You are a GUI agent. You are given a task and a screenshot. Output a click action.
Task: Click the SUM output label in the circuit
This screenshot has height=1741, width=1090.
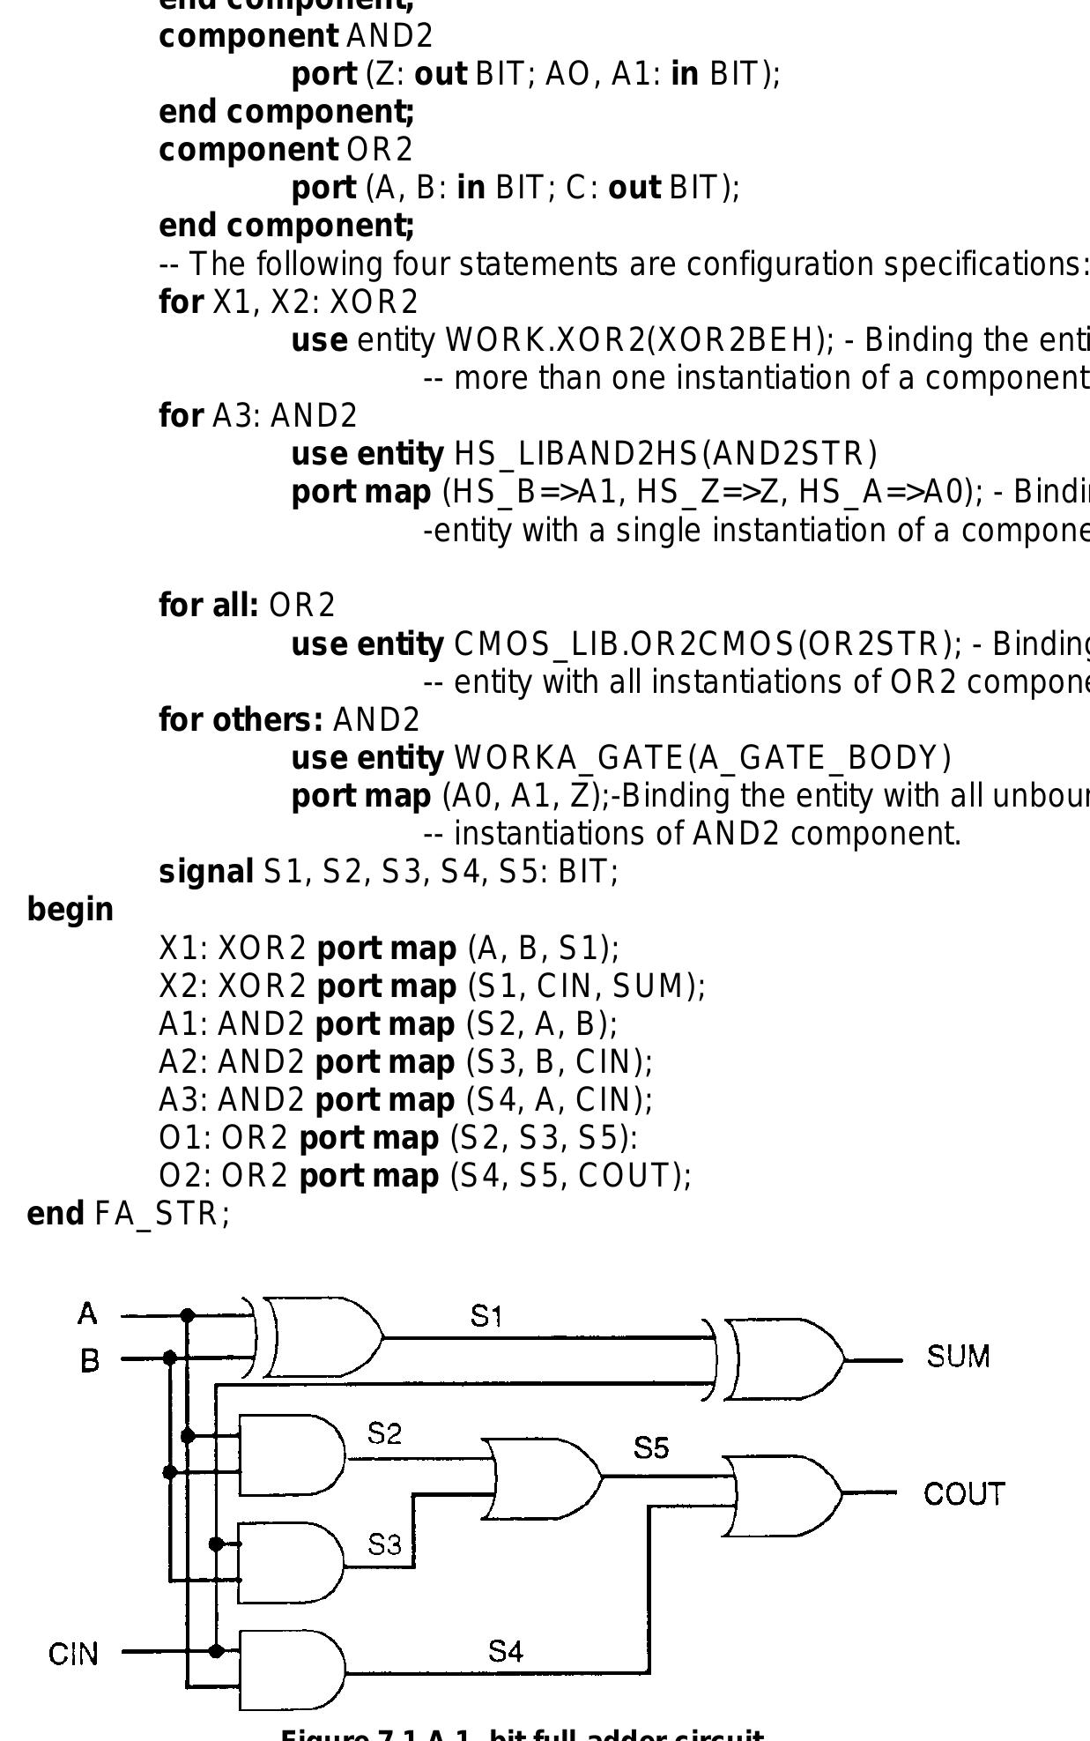click(x=958, y=1356)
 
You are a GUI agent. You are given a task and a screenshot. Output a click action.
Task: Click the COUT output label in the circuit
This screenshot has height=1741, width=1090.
click(x=963, y=1494)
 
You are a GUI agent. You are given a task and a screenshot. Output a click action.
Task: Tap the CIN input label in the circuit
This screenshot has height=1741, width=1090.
click(x=73, y=1655)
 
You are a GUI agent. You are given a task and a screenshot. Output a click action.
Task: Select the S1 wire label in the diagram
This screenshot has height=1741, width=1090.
click(x=486, y=1316)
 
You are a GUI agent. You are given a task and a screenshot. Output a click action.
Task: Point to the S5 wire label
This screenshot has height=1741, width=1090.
click(x=650, y=1447)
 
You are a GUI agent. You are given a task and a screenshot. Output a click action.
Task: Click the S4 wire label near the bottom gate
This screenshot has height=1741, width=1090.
click(x=506, y=1651)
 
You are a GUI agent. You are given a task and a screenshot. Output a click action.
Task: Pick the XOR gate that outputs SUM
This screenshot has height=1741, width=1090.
click(x=780, y=1359)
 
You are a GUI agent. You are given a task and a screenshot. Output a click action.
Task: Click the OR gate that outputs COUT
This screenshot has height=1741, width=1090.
click(x=780, y=1496)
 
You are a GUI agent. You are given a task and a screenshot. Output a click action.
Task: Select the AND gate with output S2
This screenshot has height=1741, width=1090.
click(x=291, y=1455)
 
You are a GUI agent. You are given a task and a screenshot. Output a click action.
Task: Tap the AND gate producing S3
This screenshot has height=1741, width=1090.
click(x=291, y=1563)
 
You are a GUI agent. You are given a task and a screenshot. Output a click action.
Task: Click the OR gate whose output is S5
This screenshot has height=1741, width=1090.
click(x=542, y=1478)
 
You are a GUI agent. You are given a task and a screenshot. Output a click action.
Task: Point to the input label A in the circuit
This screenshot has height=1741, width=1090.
click(x=87, y=1314)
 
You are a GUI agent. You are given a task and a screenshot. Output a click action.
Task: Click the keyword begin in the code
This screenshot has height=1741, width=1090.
click(x=70, y=910)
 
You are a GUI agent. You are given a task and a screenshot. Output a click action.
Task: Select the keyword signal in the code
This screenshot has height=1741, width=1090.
click(x=206, y=872)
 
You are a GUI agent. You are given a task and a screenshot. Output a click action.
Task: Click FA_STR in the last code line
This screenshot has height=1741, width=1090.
click(x=161, y=1214)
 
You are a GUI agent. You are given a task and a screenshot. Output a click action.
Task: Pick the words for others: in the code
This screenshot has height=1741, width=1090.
click(x=241, y=720)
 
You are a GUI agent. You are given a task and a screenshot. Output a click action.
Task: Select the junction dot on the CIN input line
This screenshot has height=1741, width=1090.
click(x=216, y=1651)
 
